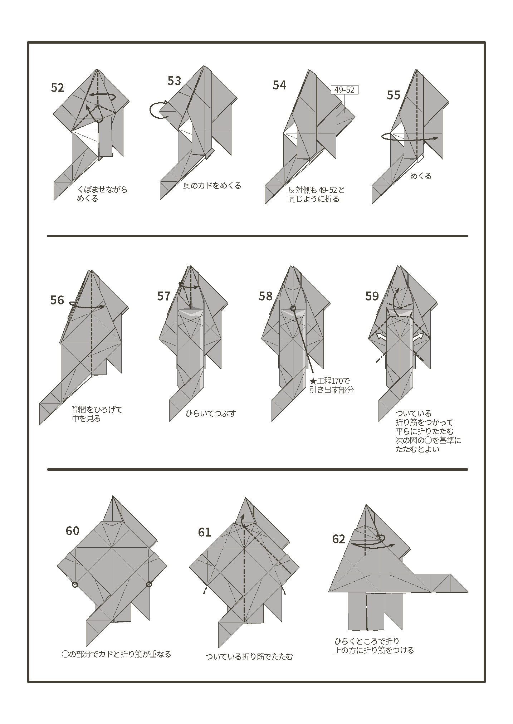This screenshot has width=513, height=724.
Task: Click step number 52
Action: point(57,88)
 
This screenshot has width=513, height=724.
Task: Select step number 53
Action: point(174,81)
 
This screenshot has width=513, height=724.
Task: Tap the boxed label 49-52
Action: point(344,90)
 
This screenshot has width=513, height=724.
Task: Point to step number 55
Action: point(394,95)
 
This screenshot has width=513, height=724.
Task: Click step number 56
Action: point(57,300)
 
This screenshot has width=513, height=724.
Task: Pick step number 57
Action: point(164,296)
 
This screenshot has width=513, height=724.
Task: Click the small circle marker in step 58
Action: point(293,308)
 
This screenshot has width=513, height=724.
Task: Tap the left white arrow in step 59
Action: point(381,337)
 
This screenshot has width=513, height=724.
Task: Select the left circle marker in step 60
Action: point(75,584)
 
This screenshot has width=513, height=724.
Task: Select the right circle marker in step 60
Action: point(149,584)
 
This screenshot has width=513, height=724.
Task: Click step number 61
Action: point(204,533)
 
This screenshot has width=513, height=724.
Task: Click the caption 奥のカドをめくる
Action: point(212,186)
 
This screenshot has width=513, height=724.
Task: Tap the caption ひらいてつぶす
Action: point(211,414)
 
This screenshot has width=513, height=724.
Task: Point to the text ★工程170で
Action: point(329,381)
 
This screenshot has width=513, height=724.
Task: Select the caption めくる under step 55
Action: point(421,176)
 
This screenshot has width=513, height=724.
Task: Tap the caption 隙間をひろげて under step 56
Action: point(97,410)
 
